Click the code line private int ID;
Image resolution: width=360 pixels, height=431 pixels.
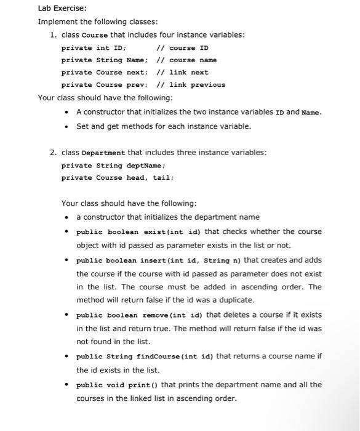coord(94,48)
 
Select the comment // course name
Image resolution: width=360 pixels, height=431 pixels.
coord(187,60)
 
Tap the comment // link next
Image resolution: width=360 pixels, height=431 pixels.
coord(183,73)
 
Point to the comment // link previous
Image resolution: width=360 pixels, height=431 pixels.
coord(191,85)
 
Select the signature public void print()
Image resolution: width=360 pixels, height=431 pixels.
coord(118,385)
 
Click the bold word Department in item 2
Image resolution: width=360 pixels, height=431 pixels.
coord(103,153)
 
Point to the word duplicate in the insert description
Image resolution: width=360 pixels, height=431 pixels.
coord(236,300)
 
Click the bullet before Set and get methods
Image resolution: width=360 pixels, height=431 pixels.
coord(66,126)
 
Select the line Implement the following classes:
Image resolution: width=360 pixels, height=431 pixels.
coord(89,22)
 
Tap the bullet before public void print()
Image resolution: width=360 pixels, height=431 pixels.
coord(66,385)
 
